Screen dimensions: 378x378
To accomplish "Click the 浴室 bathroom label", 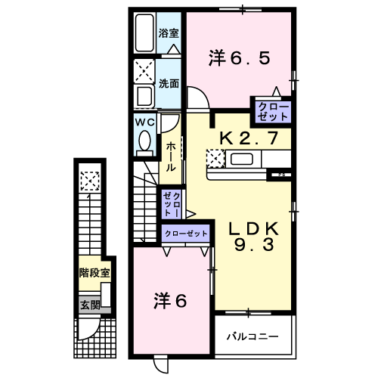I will point(169,33).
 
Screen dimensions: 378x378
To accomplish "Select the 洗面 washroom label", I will point(169,83).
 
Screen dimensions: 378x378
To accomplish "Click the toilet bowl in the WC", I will point(144,140).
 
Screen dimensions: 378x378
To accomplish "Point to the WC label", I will point(145,121).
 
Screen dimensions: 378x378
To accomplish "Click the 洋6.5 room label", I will point(238,57).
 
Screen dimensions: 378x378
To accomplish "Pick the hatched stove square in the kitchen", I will point(215,158).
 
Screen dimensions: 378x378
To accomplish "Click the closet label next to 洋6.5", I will point(272,112).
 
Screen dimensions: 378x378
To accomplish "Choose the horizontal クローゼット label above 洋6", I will point(185,234).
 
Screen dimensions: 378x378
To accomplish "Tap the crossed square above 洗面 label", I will point(144,70).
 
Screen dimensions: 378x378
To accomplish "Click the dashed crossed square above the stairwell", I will point(90,181).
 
